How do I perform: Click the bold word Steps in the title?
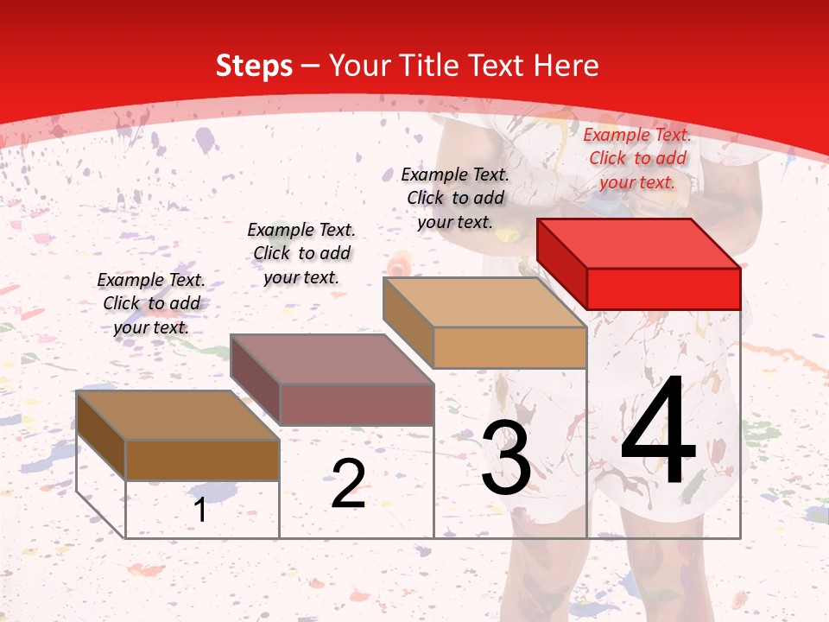(x=254, y=66)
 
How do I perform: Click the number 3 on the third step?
(x=506, y=458)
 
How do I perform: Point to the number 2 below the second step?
(x=348, y=484)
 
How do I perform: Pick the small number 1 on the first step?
(x=200, y=510)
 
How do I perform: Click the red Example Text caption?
(x=637, y=158)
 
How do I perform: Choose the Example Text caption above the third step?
(x=455, y=198)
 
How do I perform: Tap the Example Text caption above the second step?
(x=301, y=253)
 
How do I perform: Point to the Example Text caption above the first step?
(x=151, y=303)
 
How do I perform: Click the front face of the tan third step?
(x=509, y=348)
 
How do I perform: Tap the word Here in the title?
(x=566, y=66)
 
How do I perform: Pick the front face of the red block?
(x=663, y=289)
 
